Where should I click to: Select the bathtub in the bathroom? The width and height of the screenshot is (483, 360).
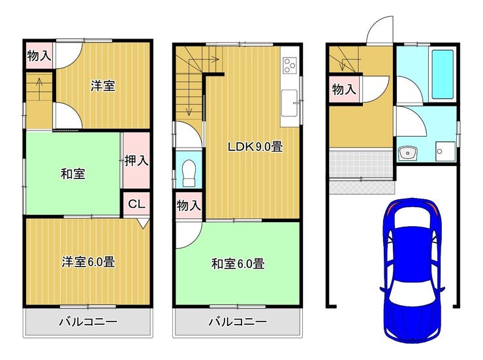443,74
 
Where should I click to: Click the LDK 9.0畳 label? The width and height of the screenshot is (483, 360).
255,146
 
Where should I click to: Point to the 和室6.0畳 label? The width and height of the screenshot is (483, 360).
238,263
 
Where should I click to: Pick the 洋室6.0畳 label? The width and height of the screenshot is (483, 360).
88,262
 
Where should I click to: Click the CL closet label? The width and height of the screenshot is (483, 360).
136,204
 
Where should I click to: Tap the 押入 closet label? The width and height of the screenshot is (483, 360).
136,160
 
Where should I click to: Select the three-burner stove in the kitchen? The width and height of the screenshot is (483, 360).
290,65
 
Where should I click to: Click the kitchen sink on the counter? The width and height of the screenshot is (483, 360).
289,103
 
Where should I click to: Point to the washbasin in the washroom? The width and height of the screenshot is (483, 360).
407,153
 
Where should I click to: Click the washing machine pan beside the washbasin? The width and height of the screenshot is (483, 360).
445,151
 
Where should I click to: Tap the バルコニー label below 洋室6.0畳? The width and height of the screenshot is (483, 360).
88,322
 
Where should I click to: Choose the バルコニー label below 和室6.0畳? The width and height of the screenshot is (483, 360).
238,322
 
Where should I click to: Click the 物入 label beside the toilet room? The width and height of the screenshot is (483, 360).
189,205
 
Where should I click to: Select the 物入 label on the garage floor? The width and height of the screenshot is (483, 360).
344,90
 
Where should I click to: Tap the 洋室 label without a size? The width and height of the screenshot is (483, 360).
103,86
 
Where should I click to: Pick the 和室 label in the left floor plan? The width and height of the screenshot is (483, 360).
73,174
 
